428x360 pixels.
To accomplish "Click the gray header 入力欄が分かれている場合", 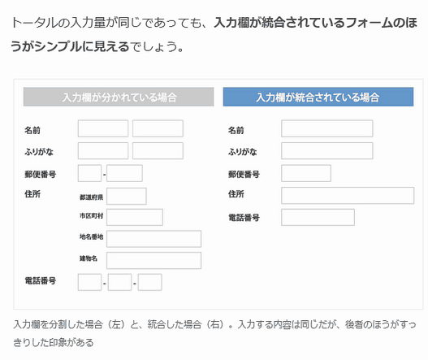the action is pos(119,97).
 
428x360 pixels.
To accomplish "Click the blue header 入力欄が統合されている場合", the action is pos(318,97).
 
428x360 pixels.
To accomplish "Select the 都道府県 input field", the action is pos(127,196).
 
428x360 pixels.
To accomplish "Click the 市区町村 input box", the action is pos(135,218).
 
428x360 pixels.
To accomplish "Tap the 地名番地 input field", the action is pos(154,239).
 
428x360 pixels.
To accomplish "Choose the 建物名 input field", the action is pos(154,260).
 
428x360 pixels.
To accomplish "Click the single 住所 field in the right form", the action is pos(348,196).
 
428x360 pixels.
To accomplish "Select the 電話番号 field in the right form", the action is pos(318,218).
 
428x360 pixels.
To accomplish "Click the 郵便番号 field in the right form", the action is pos(306,173).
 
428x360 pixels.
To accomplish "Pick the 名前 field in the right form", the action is pos(327,128).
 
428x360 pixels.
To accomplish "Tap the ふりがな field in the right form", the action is pos(327,151).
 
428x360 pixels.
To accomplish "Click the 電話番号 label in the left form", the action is pos(41,280).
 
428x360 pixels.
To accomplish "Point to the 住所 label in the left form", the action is pos(32,194).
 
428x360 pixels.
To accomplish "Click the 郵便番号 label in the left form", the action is pos(41,174).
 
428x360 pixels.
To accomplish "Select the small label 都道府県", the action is pos(91,197).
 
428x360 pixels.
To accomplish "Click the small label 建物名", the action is pos(89,258).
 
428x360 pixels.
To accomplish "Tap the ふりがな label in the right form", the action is pos(243,152).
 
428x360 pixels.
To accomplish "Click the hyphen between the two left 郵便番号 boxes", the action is pos(104,174).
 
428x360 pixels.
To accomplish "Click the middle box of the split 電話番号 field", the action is pos(120,283).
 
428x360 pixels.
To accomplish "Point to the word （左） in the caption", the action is pos(116,324).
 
